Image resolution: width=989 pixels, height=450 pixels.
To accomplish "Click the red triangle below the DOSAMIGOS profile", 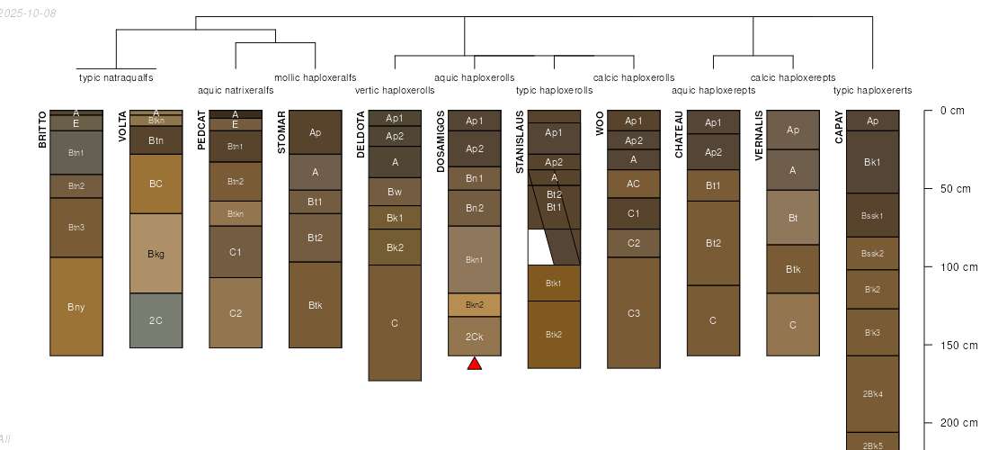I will click(475, 363).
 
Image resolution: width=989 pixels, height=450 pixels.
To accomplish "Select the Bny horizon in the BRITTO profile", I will click(76, 307).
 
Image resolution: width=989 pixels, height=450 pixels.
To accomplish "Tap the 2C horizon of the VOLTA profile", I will click(156, 320).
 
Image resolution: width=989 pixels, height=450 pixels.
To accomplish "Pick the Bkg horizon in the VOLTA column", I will click(156, 254).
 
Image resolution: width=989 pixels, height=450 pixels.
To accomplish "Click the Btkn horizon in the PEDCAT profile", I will click(236, 213).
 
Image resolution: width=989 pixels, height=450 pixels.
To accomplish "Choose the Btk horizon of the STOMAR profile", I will click(315, 305).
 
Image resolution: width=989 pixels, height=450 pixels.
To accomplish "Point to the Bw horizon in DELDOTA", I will click(395, 192).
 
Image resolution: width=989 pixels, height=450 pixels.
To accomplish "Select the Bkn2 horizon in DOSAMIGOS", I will click(475, 305).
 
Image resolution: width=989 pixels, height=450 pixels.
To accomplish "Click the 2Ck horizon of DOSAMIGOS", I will click(475, 337).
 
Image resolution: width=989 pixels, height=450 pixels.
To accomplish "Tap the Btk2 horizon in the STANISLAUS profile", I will click(554, 334).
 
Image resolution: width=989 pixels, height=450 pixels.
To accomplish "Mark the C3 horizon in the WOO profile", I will click(634, 312).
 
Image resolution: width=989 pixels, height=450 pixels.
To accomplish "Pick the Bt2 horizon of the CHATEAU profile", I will click(713, 243).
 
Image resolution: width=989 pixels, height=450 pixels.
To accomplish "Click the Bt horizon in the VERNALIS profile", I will click(793, 218).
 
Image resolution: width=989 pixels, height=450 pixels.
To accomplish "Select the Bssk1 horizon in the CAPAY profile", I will click(873, 215).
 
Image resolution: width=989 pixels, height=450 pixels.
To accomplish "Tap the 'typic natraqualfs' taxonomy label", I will click(116, 77).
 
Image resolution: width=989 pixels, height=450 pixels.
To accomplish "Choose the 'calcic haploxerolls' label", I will click(634, 77).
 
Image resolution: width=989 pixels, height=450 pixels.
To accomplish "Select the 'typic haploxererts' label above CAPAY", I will click(873, 90).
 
